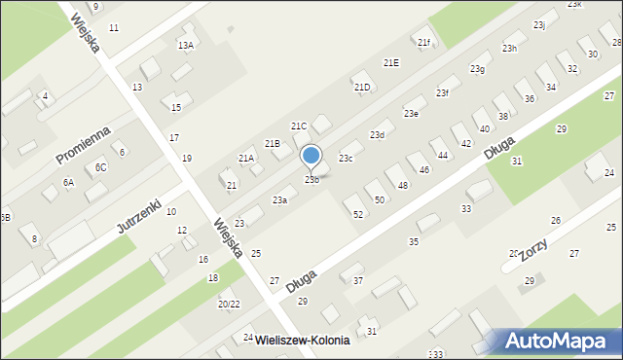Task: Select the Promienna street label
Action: coord(83,144)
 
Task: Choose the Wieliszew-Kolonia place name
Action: coord(302,352)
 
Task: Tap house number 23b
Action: coord(311,180)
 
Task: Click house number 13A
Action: coord(185,45)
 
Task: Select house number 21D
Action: coord(362,88)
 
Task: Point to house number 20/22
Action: coord(229,305)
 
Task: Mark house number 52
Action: coord(358,213)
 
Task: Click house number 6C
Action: coord(100,167)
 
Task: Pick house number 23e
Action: coord(412,114)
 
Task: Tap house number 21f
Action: coord(423,43)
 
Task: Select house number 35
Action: coord(414,241)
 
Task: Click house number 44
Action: coord(443,156)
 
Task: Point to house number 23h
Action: coord(509,49)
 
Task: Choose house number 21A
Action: coord(246,159)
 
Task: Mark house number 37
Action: coord(357,280)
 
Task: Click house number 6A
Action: coord(68,182)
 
